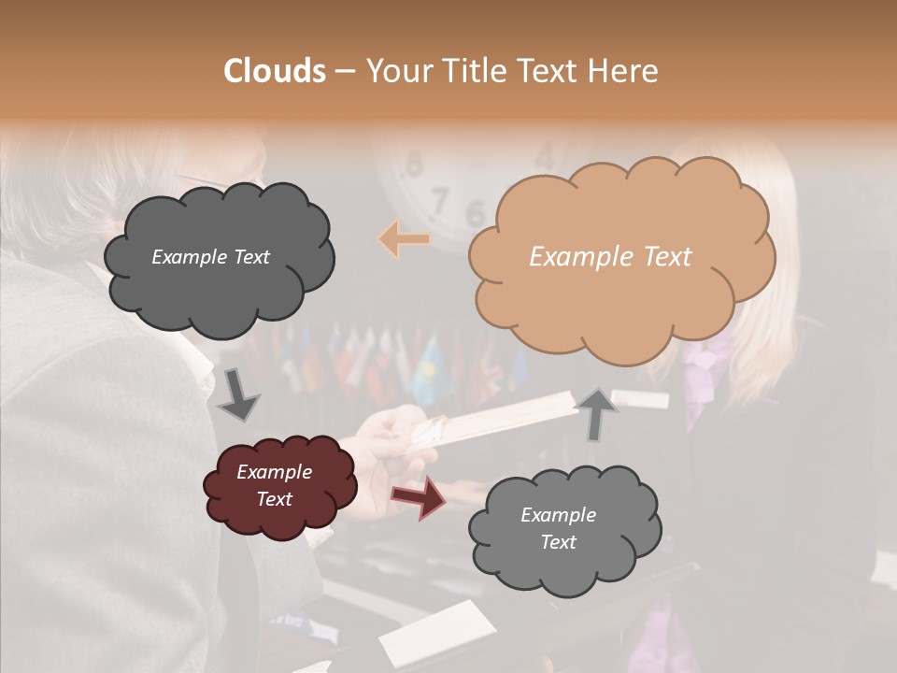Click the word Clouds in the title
[x=275, y=71]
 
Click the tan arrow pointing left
[x=405, y=240]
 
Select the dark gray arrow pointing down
[x=238, y=395]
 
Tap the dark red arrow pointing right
[x=418, y=496]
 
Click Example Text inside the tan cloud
[x=610, y=257]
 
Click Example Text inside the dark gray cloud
[x=210, y=257]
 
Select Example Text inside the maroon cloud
[x=274, y=485]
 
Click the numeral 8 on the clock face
[x=414, y=165]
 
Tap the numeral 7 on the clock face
[x=439, y=199]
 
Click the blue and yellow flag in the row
[x=431, y=360]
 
